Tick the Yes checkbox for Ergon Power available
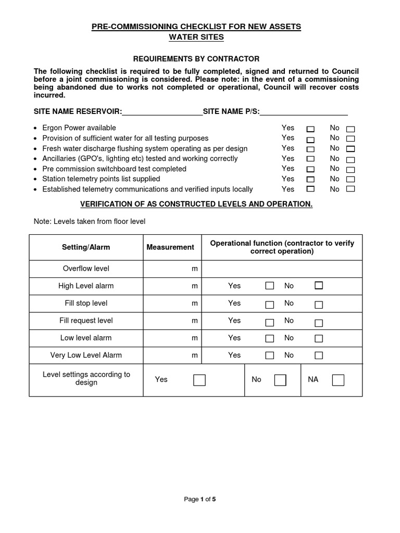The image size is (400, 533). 310,129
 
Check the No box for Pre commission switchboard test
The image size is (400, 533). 351,170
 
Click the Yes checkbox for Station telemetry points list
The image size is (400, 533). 310,180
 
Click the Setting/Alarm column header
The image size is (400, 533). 86,247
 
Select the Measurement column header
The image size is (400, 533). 170,247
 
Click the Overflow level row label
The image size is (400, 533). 86,269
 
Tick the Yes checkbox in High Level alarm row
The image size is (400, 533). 270,286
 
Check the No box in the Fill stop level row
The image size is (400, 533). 319,304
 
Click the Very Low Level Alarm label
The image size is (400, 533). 86,355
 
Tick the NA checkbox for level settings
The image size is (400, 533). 338,380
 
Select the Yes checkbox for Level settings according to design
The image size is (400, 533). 199,380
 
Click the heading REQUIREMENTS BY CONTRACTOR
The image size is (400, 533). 196,59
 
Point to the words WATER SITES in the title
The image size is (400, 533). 196,37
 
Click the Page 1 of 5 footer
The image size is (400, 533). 200,499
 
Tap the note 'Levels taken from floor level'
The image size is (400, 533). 90,221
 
